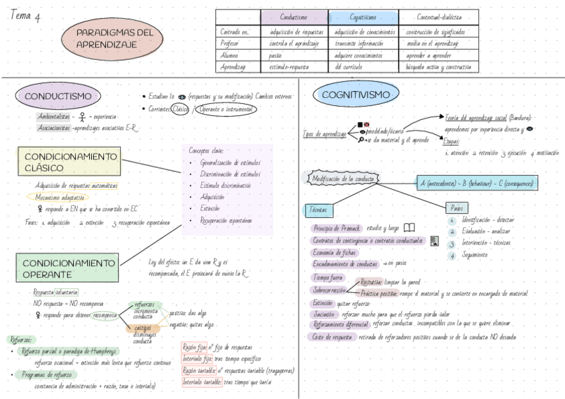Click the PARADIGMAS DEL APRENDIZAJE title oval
(x=115, y=39)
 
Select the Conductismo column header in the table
(x=293, y=17)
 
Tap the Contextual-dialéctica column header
(x=438, y=17)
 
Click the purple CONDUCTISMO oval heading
(x=57, y=96)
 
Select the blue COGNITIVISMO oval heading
(x=355, y=95)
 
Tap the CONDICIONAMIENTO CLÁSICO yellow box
(x=69, y=162)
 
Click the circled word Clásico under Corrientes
(x=181, y=109)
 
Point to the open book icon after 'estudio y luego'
(x=409, y=227)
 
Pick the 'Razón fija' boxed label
(x=194, y=347)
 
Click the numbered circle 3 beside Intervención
(x=451, y=242)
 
